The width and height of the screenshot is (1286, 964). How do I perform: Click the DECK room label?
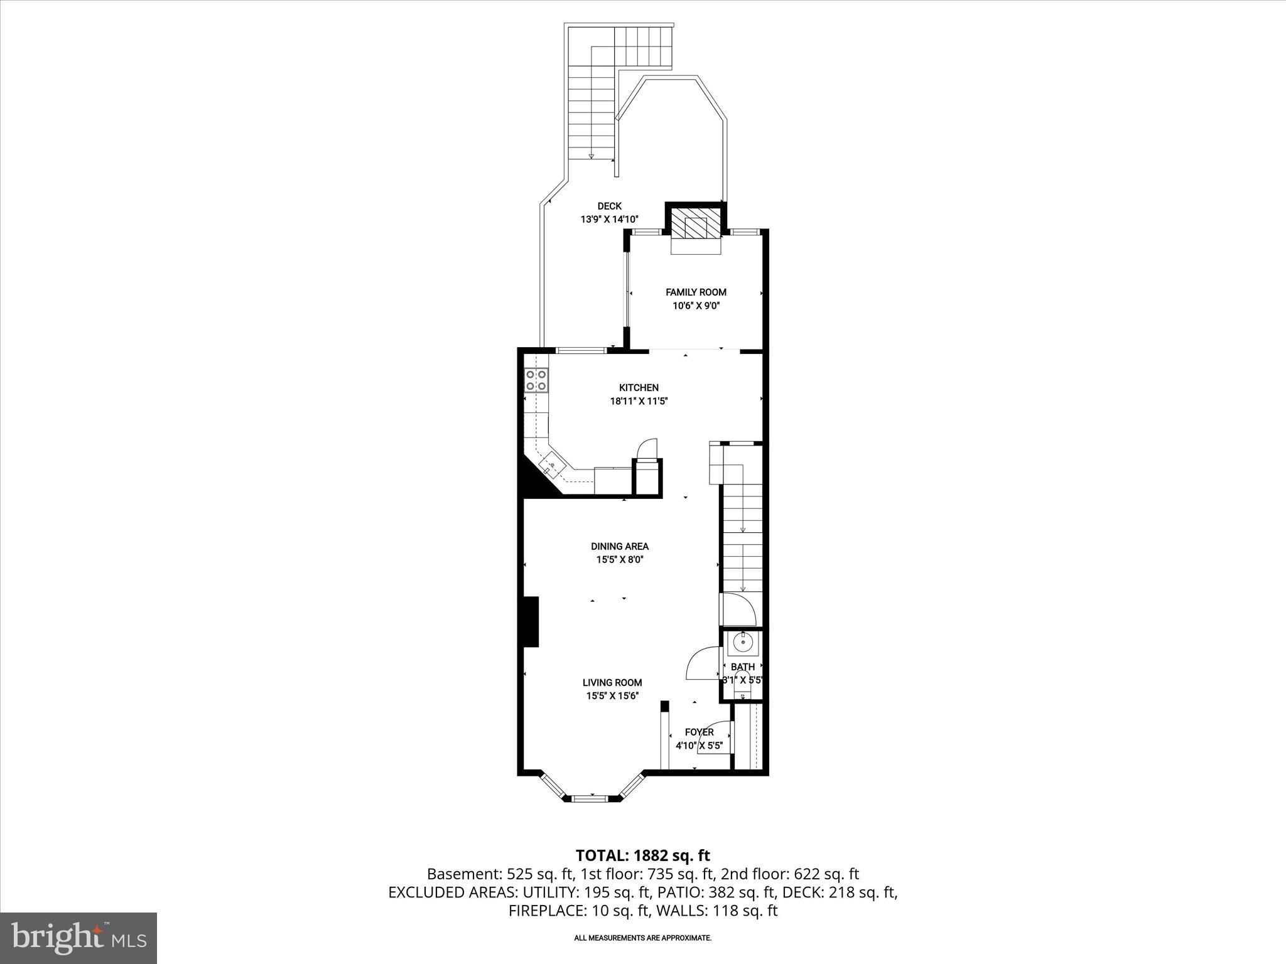click(x=609, y=206)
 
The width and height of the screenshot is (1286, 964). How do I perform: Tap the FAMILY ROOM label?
click(x=696, y=292)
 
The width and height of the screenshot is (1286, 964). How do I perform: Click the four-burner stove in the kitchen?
click(x=536, y=380)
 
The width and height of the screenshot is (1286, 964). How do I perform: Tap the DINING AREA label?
click(x=619, y=546)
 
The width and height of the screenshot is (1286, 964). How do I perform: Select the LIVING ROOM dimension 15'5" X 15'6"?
click(x=612, y=696)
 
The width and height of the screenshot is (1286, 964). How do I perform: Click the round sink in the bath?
click(x=743, y=643)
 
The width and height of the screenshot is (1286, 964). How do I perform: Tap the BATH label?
click(x=743, y=667)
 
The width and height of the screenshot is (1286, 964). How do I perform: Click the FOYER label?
click(x=699, y=732)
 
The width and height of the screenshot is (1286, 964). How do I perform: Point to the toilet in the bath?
click(x=743, y=690)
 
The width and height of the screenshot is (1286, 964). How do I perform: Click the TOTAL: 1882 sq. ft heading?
click(x=642, y=855)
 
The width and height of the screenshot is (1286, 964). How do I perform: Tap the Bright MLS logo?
click(x=78, y=938)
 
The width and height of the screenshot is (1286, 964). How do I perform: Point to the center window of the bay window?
click(x=590, y=798)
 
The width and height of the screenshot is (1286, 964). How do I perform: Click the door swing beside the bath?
click(x=703, y=664)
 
